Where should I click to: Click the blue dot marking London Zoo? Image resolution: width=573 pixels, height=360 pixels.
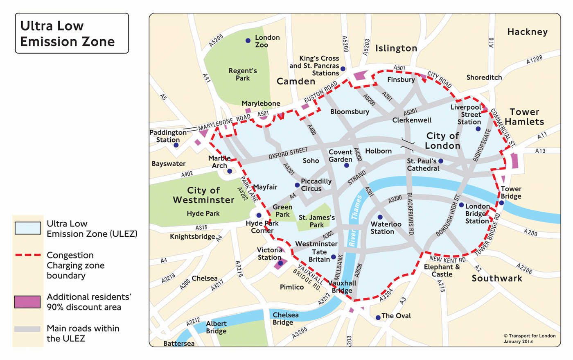pos(248,41)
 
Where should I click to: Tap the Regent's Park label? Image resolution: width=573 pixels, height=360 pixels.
pos(243,74)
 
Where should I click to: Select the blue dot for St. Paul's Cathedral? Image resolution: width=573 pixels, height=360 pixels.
pos(441,161)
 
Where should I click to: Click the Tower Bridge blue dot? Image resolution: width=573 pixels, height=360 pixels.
pos(502,203)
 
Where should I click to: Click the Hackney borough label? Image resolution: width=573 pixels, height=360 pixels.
pos(527,32)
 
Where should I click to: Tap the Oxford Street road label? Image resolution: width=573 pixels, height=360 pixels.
pos(288,154)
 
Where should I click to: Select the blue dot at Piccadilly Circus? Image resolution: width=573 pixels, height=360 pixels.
pos(297,185)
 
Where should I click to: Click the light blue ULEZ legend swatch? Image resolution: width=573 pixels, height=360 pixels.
pos(28,228)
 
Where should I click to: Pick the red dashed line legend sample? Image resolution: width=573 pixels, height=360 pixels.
pos(28,255)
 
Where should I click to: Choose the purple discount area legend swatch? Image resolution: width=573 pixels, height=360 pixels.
pos(28,302)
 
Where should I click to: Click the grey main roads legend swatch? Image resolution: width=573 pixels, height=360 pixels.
pos(28,329)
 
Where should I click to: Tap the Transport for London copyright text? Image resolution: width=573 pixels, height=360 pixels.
pos(529,338)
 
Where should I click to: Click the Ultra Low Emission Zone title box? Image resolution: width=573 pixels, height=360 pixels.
pos(72,34)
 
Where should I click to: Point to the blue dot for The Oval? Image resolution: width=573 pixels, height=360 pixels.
pos(378,317)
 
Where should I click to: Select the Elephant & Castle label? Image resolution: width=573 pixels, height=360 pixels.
pos(442,271)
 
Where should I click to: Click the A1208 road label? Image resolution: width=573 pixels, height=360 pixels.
pos(534,60)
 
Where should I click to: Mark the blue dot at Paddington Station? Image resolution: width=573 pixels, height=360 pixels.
pos(176,145)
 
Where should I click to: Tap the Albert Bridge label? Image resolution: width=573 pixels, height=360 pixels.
pos(216,327)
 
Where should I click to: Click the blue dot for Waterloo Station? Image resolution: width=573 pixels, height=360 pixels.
pos(380,217)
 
